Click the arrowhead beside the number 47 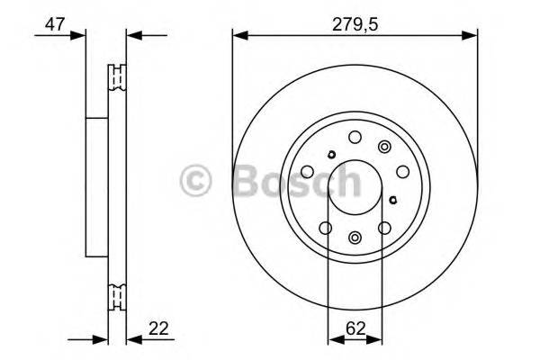coord(78,36)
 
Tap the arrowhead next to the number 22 coord(134,339)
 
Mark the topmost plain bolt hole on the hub coord(355,138)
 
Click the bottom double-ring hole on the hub coord(355,238)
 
